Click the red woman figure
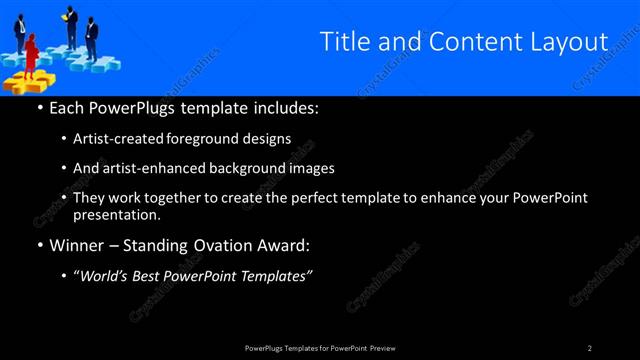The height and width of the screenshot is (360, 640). coord(31,53)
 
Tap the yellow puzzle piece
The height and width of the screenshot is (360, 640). coord(22,79)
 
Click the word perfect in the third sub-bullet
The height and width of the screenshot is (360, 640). coord(317,198)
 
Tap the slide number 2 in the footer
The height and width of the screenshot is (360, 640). coord(590,348)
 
